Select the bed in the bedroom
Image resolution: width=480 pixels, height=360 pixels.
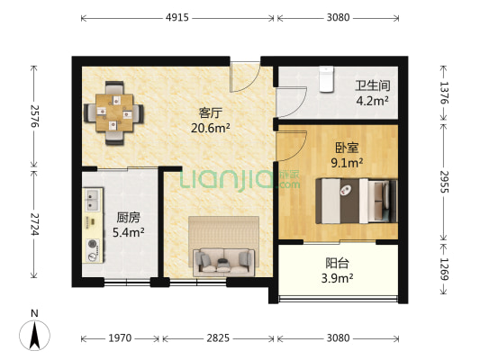tap(355, 198)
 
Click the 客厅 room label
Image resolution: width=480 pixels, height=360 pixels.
tap(210, 112)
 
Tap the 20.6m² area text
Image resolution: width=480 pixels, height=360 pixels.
tap(210, 128)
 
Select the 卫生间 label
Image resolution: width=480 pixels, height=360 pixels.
tap(371, 85)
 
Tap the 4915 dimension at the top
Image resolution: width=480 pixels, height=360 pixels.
tap(177, 16)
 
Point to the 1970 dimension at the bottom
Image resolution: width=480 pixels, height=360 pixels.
tap(121, 338)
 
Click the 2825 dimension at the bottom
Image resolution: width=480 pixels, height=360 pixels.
tap(217, 338)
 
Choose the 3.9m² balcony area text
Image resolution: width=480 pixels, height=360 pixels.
tap(338, 280)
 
